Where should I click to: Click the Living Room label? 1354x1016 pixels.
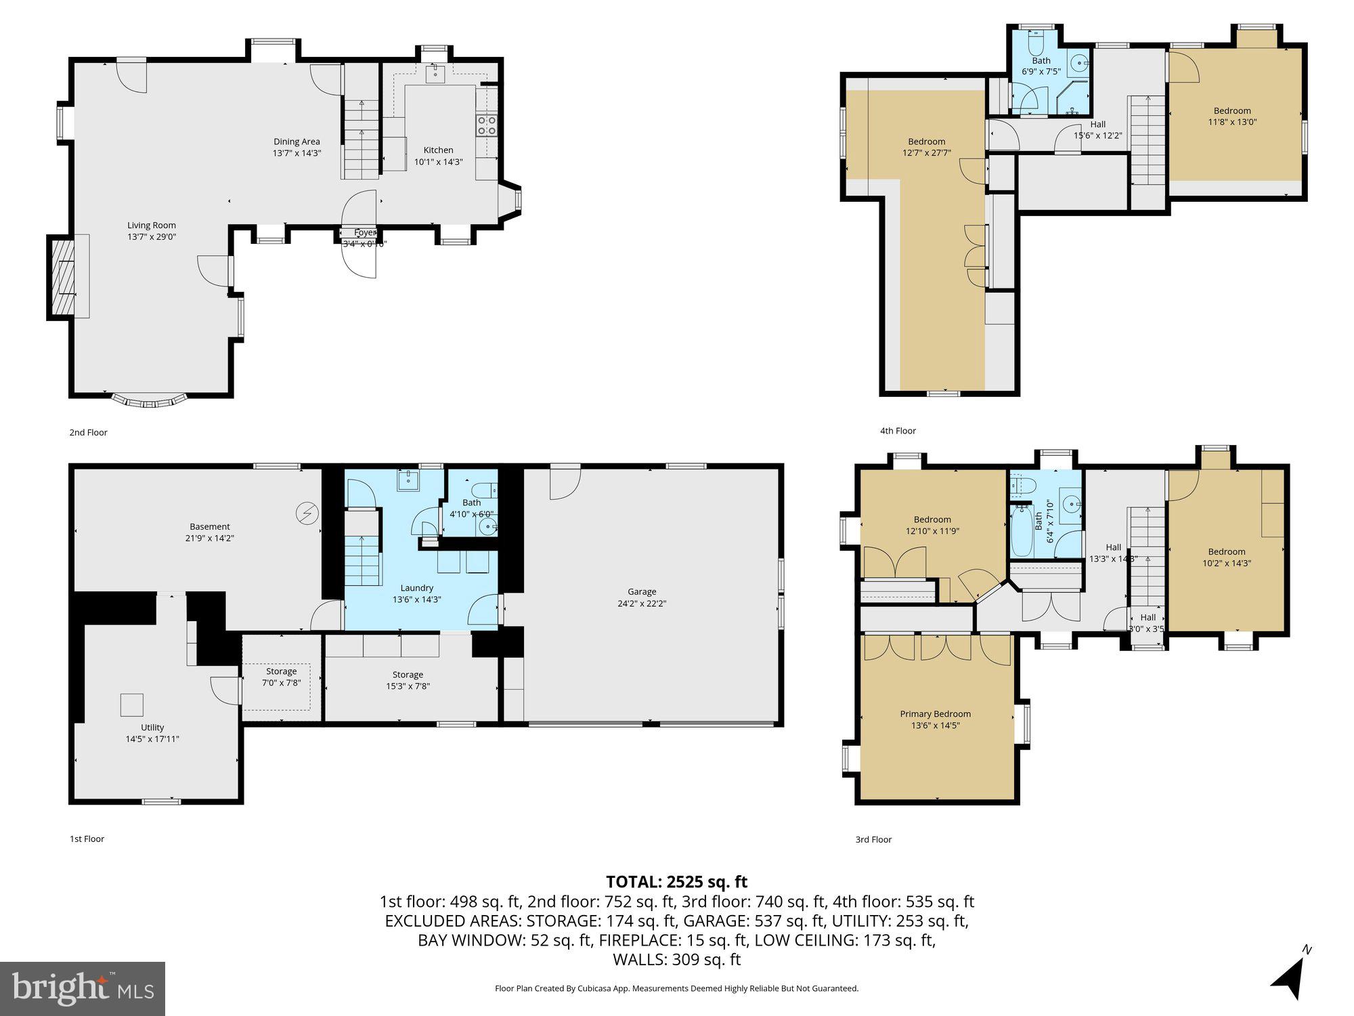tap(152, 226)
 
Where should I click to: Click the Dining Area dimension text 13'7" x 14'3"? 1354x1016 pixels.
tap(297, 154)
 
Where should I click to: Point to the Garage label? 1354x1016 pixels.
tap(641, 592)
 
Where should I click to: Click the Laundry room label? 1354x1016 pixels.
tap(416, 588)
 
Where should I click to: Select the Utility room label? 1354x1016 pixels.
tap(152, 727)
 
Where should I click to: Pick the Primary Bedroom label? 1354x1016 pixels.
tap(935, 714)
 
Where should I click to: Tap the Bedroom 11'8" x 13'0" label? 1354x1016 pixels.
tap(1231, 111)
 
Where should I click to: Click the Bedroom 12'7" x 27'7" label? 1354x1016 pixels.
tap(926, 142)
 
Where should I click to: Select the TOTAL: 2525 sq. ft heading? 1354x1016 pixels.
tap(676, 882)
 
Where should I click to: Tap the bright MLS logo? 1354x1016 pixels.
tap(82, 988)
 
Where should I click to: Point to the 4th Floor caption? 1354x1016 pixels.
tap(898, 431)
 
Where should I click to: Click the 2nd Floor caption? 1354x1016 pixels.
tap(88, 432)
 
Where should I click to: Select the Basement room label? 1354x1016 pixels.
tap(209, 526)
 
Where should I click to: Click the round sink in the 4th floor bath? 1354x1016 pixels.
tap(1078, 64)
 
